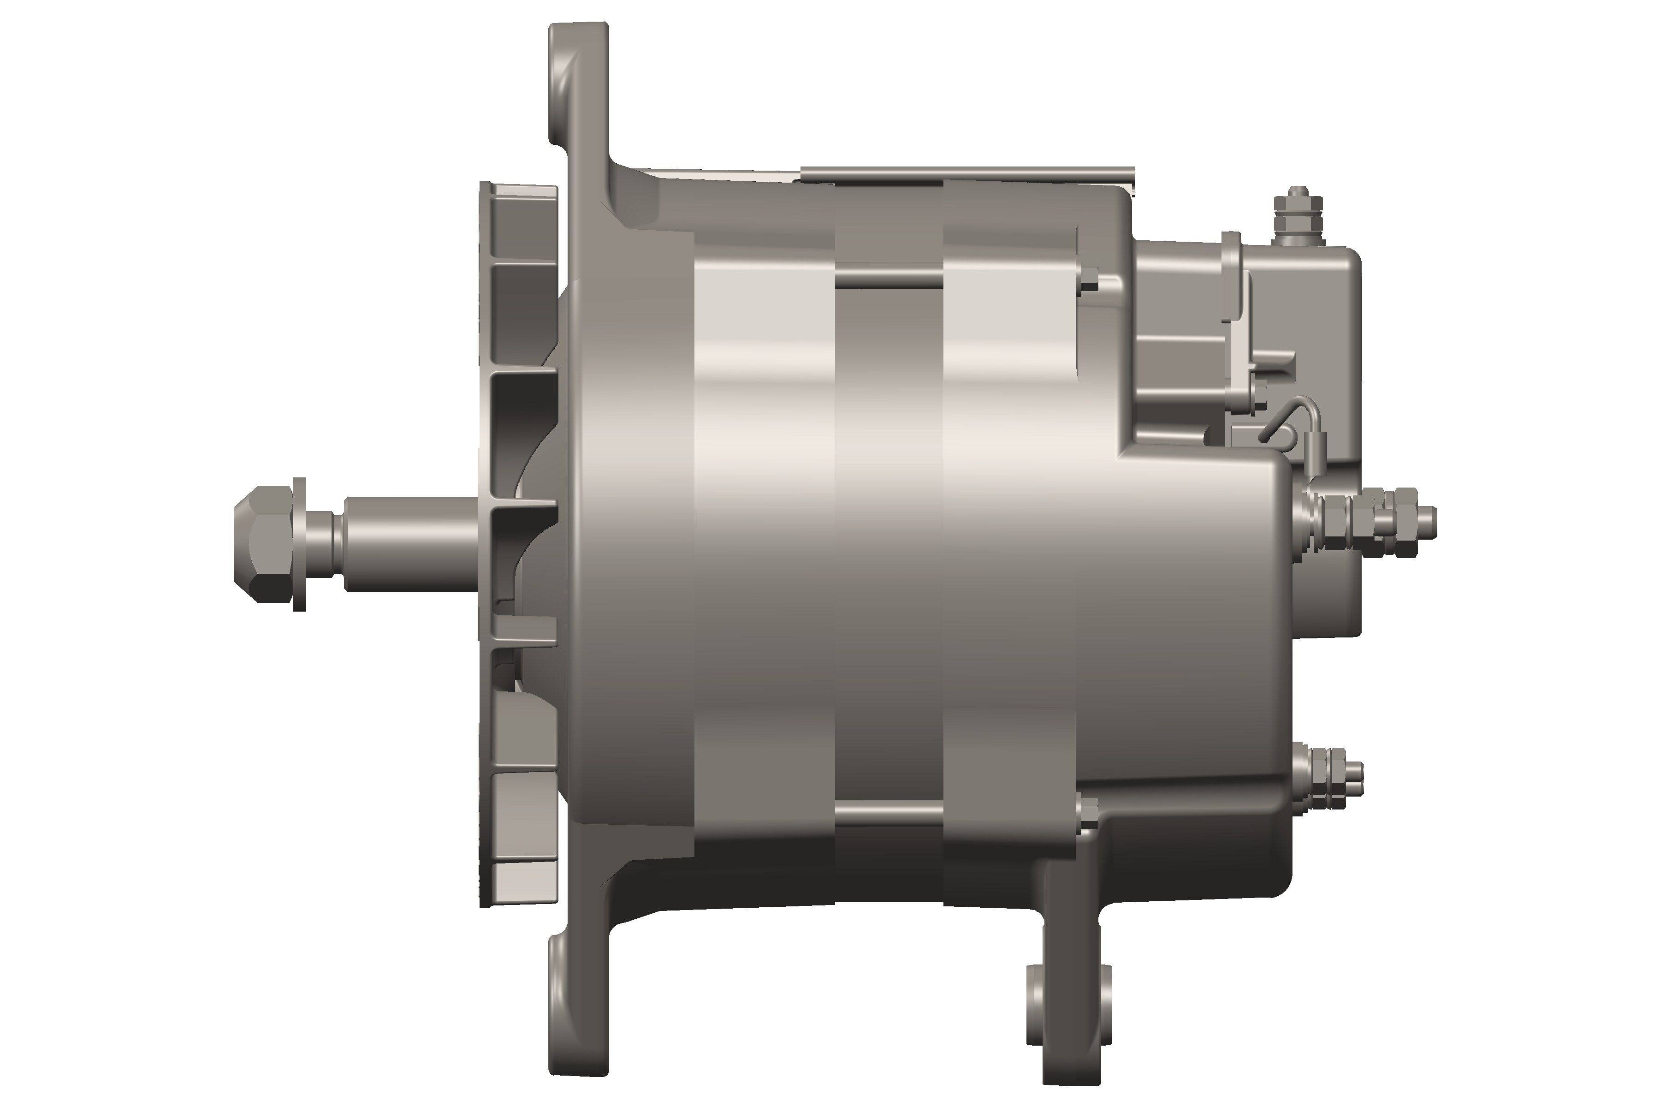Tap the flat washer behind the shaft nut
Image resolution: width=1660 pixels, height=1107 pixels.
[299, 542]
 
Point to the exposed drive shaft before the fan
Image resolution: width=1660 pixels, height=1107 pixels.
[409, 542]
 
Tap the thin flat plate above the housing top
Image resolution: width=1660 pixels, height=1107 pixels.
[967, 170]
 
